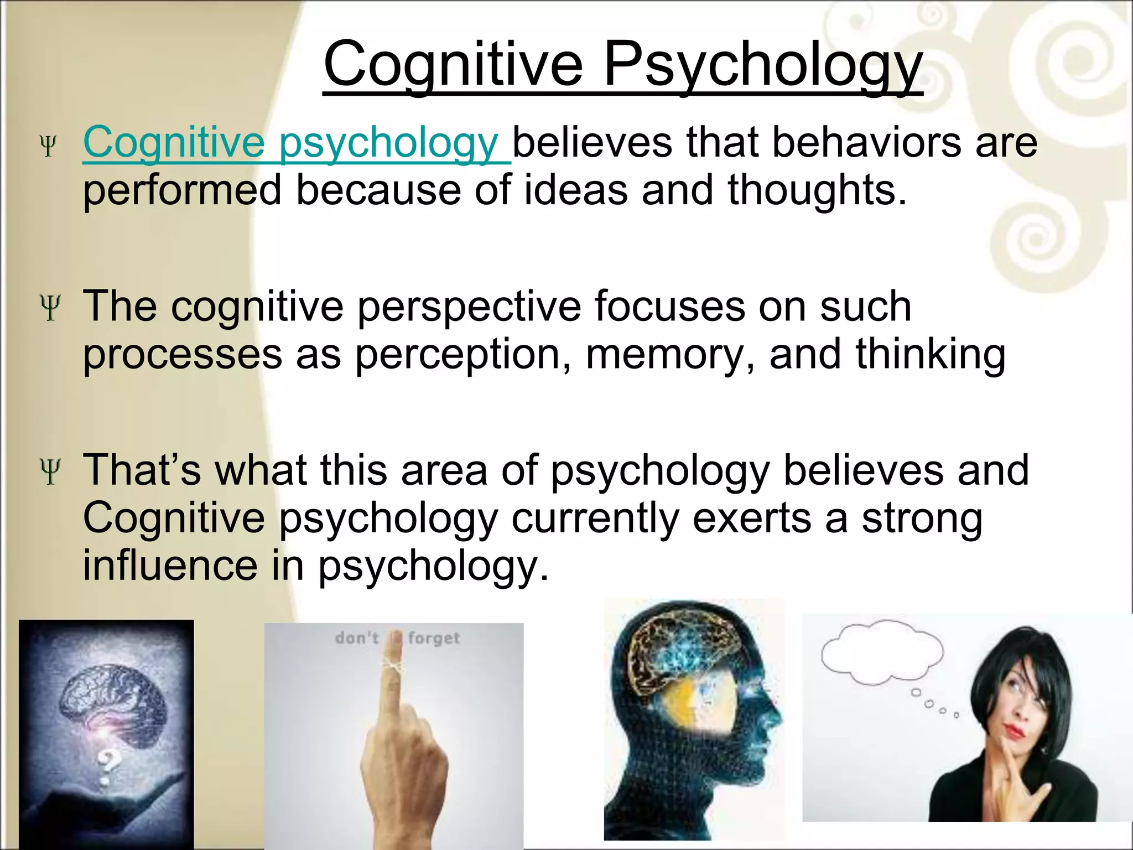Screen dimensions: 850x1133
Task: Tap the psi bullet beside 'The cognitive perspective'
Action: pos(50,308)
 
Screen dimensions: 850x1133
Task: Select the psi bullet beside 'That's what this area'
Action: pos(50,471)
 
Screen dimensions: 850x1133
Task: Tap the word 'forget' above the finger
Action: pos(434,639)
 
